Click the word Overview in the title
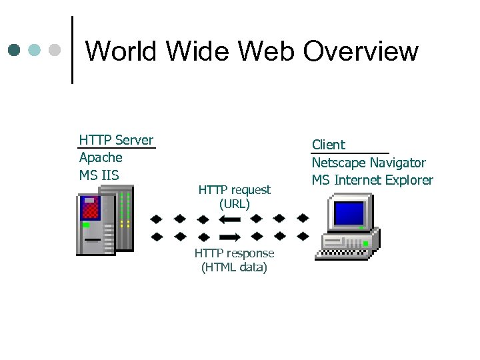coord(361,51)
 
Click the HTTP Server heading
coord(116,139)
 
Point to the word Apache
coord(101,157)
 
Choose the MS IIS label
coord(99,175)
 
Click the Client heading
coord(329,145)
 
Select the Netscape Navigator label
coord(369,163)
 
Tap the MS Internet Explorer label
coord(372,180)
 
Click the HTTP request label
coord(235,190)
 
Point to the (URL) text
coord(235,204)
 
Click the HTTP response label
coord(234,253)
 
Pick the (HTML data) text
coord(234,267)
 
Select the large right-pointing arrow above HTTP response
coord(229,237)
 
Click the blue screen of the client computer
coord(349,213)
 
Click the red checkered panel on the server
coord(91,208)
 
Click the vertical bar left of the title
coord(72,50)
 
